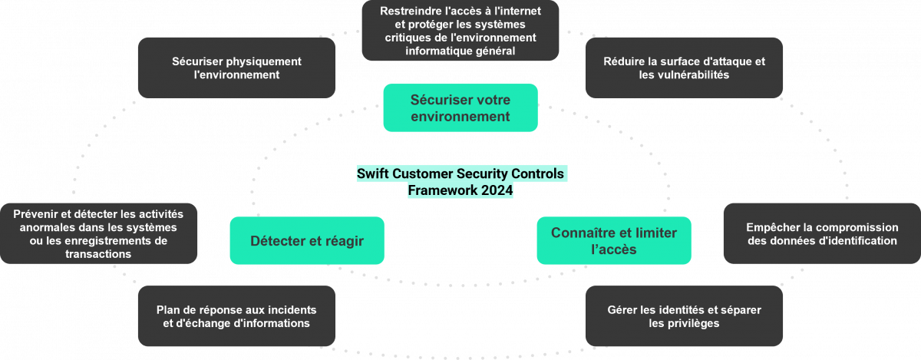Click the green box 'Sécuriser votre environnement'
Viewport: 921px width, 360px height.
coord(460,108)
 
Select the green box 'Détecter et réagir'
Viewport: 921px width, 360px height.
coord(306,241)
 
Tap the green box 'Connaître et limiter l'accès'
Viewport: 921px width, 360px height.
coord(613,241)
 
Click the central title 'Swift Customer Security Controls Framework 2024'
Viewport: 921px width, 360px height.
coord(460,183)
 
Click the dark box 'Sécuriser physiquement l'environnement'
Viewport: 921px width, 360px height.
coord(236,68)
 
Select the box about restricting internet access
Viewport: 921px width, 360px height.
coord(460,31)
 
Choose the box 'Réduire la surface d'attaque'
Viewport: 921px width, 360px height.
coord(684,68)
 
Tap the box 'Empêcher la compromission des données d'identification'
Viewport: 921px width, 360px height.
coord(821,233)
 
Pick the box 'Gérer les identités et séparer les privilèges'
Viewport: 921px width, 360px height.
coord(684,316)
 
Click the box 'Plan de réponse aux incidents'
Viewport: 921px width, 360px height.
coord(236,316)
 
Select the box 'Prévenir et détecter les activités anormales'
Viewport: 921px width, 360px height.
coord(98,233)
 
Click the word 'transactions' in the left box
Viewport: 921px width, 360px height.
coord(98,254)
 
